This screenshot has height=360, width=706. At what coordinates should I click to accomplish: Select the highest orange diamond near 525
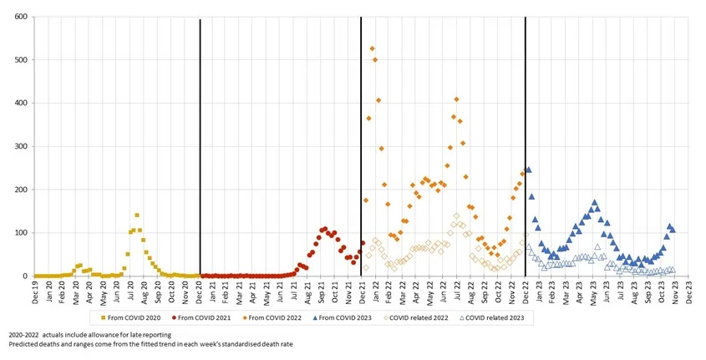coord(372,48)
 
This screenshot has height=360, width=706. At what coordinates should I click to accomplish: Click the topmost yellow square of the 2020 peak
coord(137,215)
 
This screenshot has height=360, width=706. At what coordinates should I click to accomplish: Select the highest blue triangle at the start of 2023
coord(529,170)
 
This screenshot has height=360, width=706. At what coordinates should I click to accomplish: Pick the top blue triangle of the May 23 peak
coord(594,202)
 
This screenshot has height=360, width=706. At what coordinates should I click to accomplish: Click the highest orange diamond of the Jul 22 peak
coord(456,99)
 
